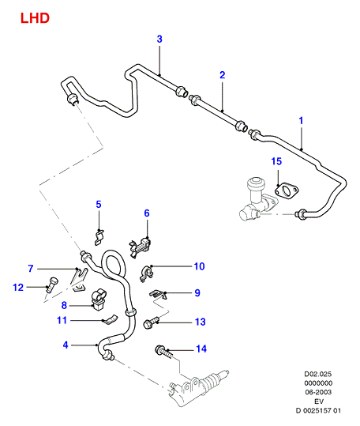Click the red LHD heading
(x=35, y=18)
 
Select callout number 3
(x=159, y=40)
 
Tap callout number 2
(x=223, y=75)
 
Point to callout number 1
(x=301, y=121)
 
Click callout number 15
(x=277, y=161)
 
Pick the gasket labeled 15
(x=287, y=190)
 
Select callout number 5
(x=99, y=204)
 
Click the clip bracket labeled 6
(x=140, y=247)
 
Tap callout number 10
(x=200, y=266)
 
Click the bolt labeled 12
(x=51, y=285)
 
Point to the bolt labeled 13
(x=151, y=322)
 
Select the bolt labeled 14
(x=163, y=352)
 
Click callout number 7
(x=31, y=269)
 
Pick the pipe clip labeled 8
(x=99, y=300)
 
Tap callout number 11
(x=62, y=320)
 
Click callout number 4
(x=66, y=345)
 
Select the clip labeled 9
(x=158, y=294)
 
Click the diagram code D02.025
(x=318, y=374)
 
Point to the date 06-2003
(x=318, y=392)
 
